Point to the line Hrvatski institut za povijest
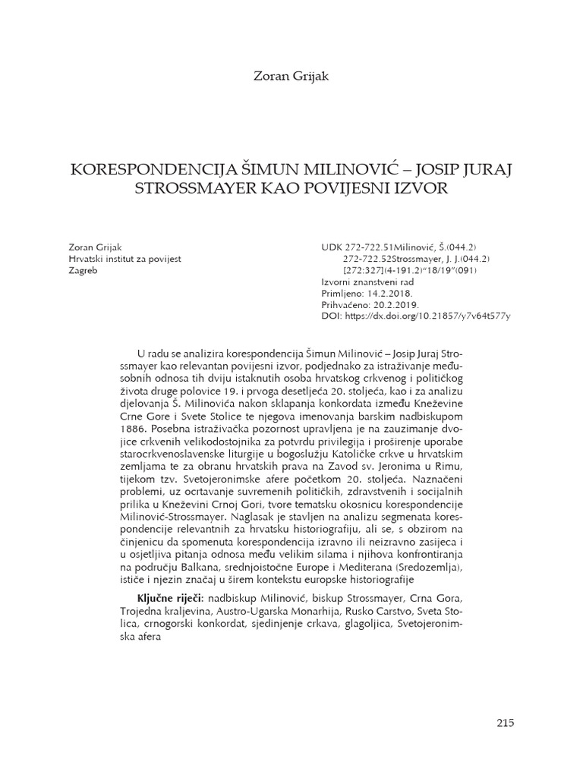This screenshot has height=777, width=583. [x=124, y=259]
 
